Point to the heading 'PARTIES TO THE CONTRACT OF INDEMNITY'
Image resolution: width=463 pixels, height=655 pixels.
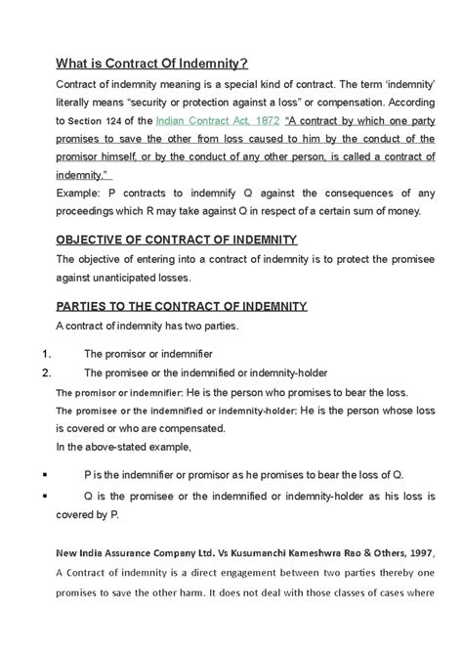pos(169,306)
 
